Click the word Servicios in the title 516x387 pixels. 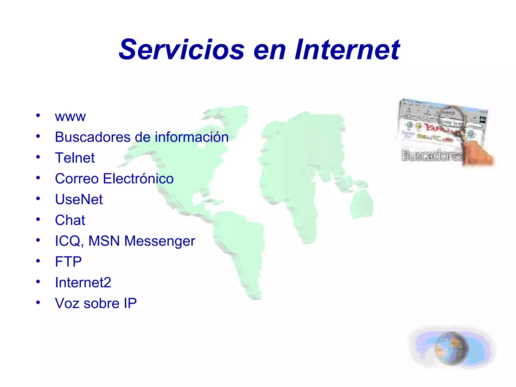pyautogui.click(x=181, y=49)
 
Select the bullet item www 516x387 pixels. pyautogui.click(x=70, y=117)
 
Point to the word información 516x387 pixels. pyautogui.click(x=191, y=137)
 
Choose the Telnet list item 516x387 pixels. pyautogui.click(x=75, y=158)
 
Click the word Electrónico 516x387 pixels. pyautogui.click(x=138, y=179)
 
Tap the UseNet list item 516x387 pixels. pyautogui.click(x=79, y=199)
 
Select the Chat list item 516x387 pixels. pyautogui.click(x=70, y=220)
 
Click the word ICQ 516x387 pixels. pyautogui.click(x=68, y=241)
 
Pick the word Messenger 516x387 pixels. pyautogui.click(x=160, y=241)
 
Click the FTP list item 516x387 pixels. pyautogui.click(x=68, y=262)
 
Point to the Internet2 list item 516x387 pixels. pyautogui.click(x=83, y=282)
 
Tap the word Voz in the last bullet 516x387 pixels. pyautogui.click(x=67, y=303)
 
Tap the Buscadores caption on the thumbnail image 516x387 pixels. pyautogui.click(x=432, y=155)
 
